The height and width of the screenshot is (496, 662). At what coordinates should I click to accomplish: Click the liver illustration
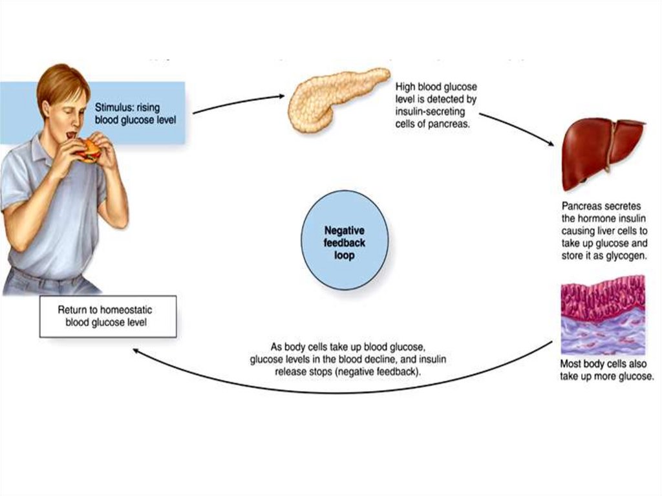[x=601, y=151]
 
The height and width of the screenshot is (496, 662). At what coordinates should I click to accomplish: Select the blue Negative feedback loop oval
[x=345, y=241]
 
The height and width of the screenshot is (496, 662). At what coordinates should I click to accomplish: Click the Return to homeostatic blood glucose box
[x=107, y=316]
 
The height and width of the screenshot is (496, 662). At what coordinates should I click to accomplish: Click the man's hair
[x=61, y=81]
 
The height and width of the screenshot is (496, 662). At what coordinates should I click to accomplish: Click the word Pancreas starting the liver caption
[x=582, y=206]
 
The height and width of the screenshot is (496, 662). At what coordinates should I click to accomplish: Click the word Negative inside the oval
[x=345, y=230]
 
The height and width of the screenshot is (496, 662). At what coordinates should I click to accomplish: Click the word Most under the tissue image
[x=572, y=365]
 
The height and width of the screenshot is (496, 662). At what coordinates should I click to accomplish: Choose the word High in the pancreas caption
[x=407, y=87]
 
